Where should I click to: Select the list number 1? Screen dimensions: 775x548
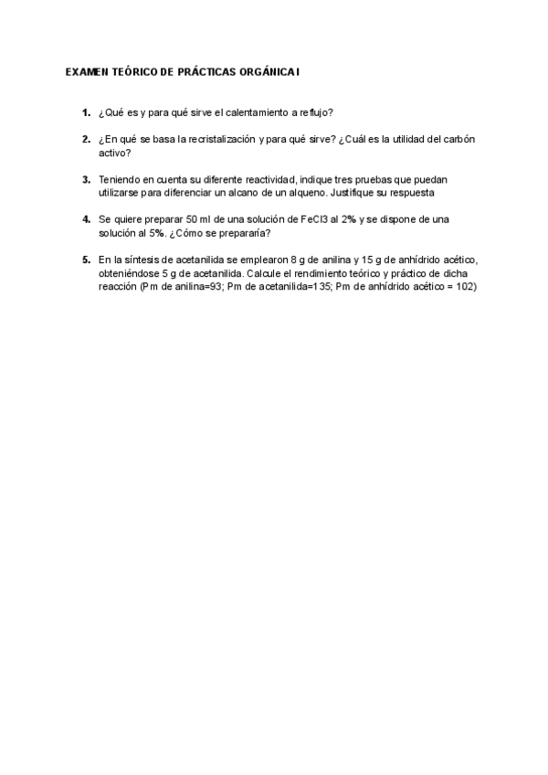coord(86,113)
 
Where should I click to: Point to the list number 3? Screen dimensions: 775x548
coord(86,179)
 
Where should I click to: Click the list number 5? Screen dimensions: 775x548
coord(86,260)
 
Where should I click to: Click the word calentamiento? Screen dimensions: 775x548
coord(242,113)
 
